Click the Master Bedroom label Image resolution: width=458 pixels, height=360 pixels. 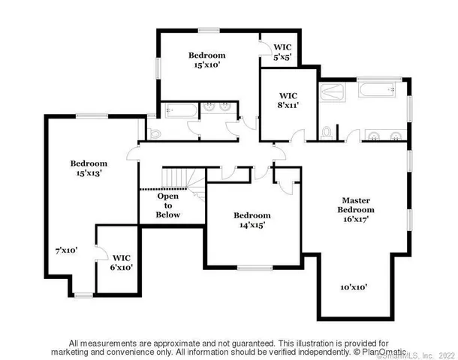pyautogui.click(x=358, y=205)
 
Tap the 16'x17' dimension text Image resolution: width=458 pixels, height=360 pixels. pyautogui.click(x=358, y=219)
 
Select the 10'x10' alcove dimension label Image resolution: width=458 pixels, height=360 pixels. pyautogui.click(x=354, y=287)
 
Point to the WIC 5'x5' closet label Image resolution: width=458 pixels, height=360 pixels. pyautogui.click(x=282, y=51)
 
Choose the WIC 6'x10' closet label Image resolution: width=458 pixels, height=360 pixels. pyautogui.click(x=121, y=262)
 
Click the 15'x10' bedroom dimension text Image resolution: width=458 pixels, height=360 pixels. pyautogui.click(x=206, y=65)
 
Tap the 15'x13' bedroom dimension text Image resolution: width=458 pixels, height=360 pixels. pyautogui.click(x=89, y=173)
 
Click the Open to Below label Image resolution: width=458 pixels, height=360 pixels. pyautogui.click(x=167, y=205)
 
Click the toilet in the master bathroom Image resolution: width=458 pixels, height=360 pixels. pyautogui.click(x=327, y=132)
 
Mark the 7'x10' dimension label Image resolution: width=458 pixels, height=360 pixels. pyautogui.click(x=67, y=250)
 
